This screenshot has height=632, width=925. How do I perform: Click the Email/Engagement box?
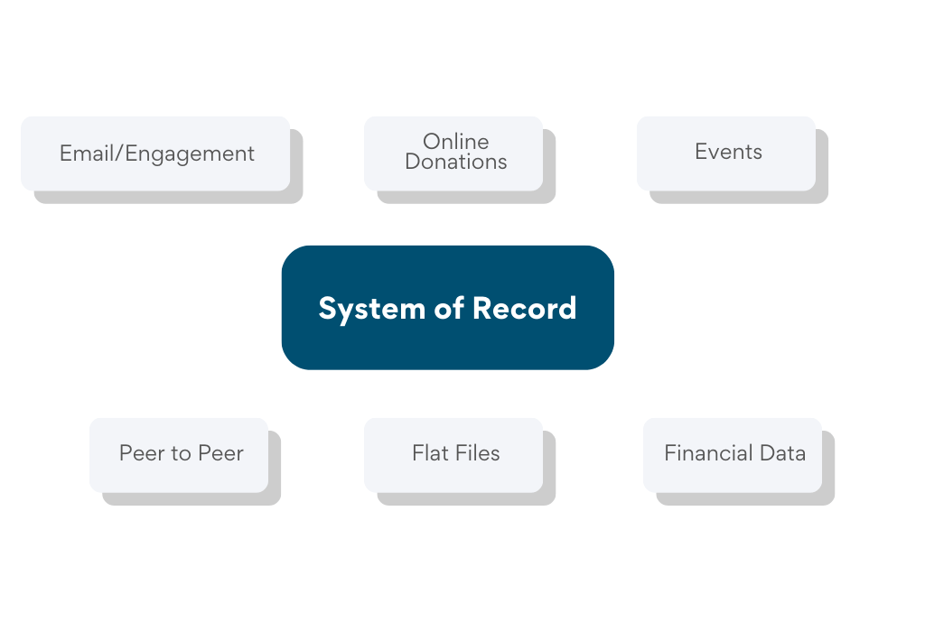[155, 153]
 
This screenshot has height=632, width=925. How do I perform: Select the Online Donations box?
[453, 153]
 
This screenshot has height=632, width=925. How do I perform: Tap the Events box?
[726, 153]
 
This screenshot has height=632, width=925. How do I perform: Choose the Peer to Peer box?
[179, 454]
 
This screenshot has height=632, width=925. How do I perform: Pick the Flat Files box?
[453, 454]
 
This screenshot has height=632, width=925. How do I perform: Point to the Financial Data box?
[733, 454]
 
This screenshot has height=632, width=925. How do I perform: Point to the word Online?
[456, 142]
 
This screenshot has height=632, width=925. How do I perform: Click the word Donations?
[456, 163]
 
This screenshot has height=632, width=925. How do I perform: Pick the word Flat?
[428, 453]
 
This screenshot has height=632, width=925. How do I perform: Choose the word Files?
[476, 453]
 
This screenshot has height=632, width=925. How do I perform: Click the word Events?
[728, 152]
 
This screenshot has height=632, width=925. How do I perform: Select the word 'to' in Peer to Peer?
[182, 453]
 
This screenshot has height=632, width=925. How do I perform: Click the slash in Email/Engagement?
[120, 153]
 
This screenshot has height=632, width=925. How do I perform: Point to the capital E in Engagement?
[131, 153]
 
